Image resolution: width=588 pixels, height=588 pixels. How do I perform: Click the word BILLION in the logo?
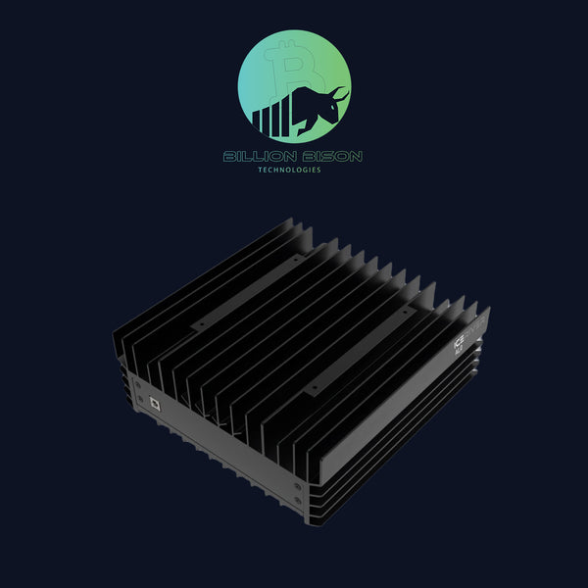[256, 156]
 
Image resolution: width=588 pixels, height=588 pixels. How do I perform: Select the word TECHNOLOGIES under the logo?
[294, 170]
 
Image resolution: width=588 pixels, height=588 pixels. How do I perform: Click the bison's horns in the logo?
[337, 93]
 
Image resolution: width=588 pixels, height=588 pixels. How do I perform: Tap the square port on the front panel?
[153, 403]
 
